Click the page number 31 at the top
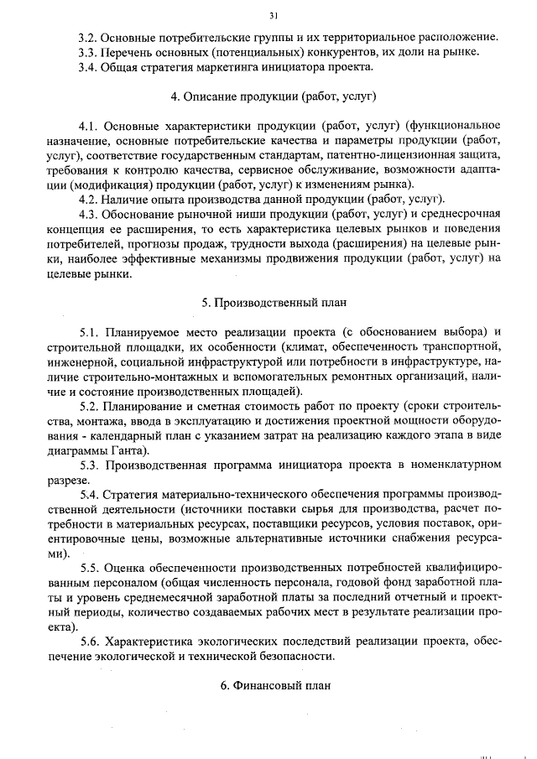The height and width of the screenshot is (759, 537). tap(274, 15)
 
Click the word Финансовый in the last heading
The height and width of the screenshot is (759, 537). tap(264, 685)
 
